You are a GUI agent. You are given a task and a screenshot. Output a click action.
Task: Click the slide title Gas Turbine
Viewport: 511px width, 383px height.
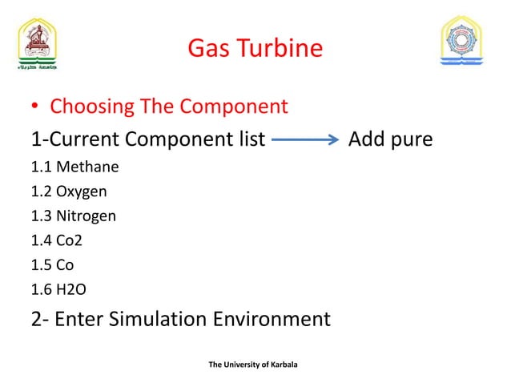(x=255, y=50)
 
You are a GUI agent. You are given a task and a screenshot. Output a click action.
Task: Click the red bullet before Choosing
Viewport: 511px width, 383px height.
(x=36, y=107)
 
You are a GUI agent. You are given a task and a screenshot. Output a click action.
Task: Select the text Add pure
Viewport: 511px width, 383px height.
(x=390, y=140)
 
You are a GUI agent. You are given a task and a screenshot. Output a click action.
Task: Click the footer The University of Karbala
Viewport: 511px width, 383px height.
(x=252, y=365)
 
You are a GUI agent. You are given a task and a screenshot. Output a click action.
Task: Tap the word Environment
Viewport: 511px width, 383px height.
(x=273, y=319)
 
